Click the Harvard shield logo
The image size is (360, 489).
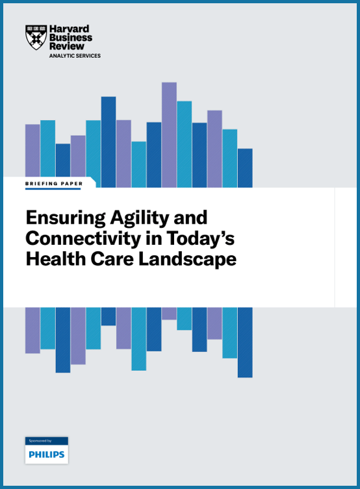(36, 38)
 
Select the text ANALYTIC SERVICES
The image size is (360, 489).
(75, 56)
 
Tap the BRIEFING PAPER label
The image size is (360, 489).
(54, 184)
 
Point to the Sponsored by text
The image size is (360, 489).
(40, 441)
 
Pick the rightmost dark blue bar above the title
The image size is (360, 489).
(245, 168)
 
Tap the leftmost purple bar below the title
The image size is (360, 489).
(32, 330)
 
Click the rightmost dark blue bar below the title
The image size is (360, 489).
(245, 342)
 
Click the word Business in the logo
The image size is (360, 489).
(71, 38)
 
